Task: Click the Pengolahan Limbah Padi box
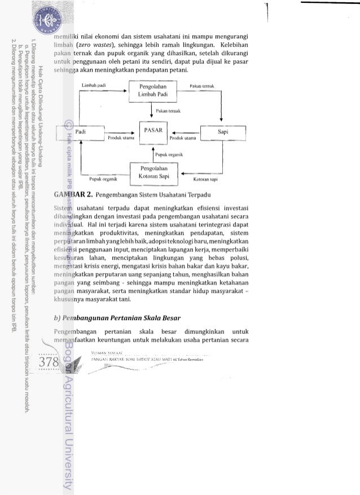[x=156, y=90]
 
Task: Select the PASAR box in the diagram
[x=153, y=130]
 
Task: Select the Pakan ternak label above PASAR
[x=169, y=112]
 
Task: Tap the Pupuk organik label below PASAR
[x=169, y=154]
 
